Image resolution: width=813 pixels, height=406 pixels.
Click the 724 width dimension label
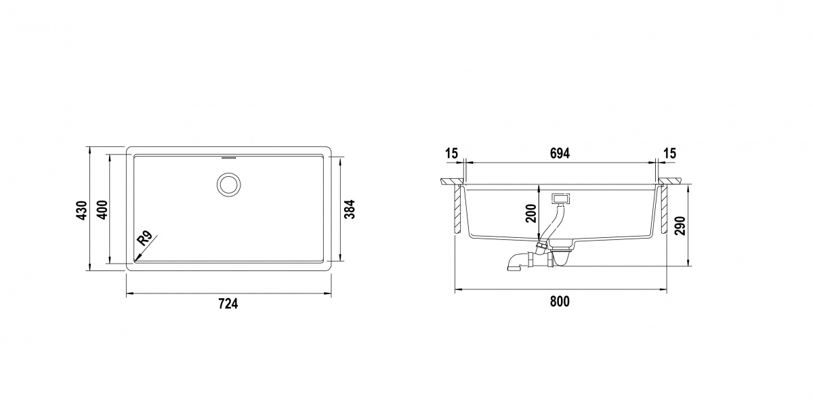pyautogui.click(x=228, y=304)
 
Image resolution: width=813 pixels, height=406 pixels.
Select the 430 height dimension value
pyautogui.click(x=81, y=211)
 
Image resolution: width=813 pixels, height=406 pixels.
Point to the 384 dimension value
pyautogui.click(x=350, y=210)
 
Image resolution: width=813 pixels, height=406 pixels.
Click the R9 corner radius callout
pyautogui.click(x=144, y=239)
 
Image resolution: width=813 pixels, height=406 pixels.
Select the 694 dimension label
pyautogui.click(x=560, y=153)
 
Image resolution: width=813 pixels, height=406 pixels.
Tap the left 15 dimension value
pyautogui.click(x=451, y=153)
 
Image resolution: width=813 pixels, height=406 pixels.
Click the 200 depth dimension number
pyautogui.click(x=531, y=214)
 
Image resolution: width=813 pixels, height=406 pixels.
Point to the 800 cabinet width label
pyautogui.click(x=559, y=302)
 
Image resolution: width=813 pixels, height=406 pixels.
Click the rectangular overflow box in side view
pyautogui.click(x=561, y=199)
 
